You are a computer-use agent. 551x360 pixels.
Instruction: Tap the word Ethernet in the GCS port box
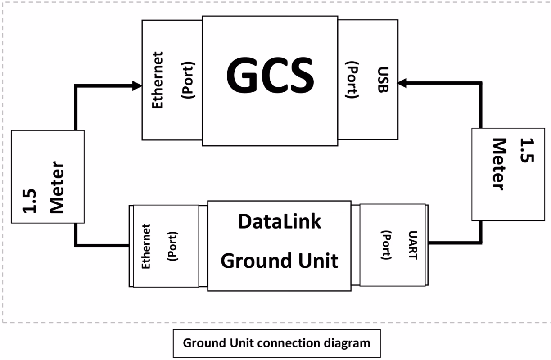[x=158, y=80]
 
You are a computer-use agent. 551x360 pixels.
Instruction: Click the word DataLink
[x=279, y=222]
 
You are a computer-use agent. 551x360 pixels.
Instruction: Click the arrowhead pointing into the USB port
[x=402, y=83]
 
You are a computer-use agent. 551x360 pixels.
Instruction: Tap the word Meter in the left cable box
[x=57, y=186]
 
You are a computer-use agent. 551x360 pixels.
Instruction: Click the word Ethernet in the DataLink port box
[x=146, y=246]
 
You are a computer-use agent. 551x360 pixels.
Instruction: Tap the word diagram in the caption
[x=348, y=343]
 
